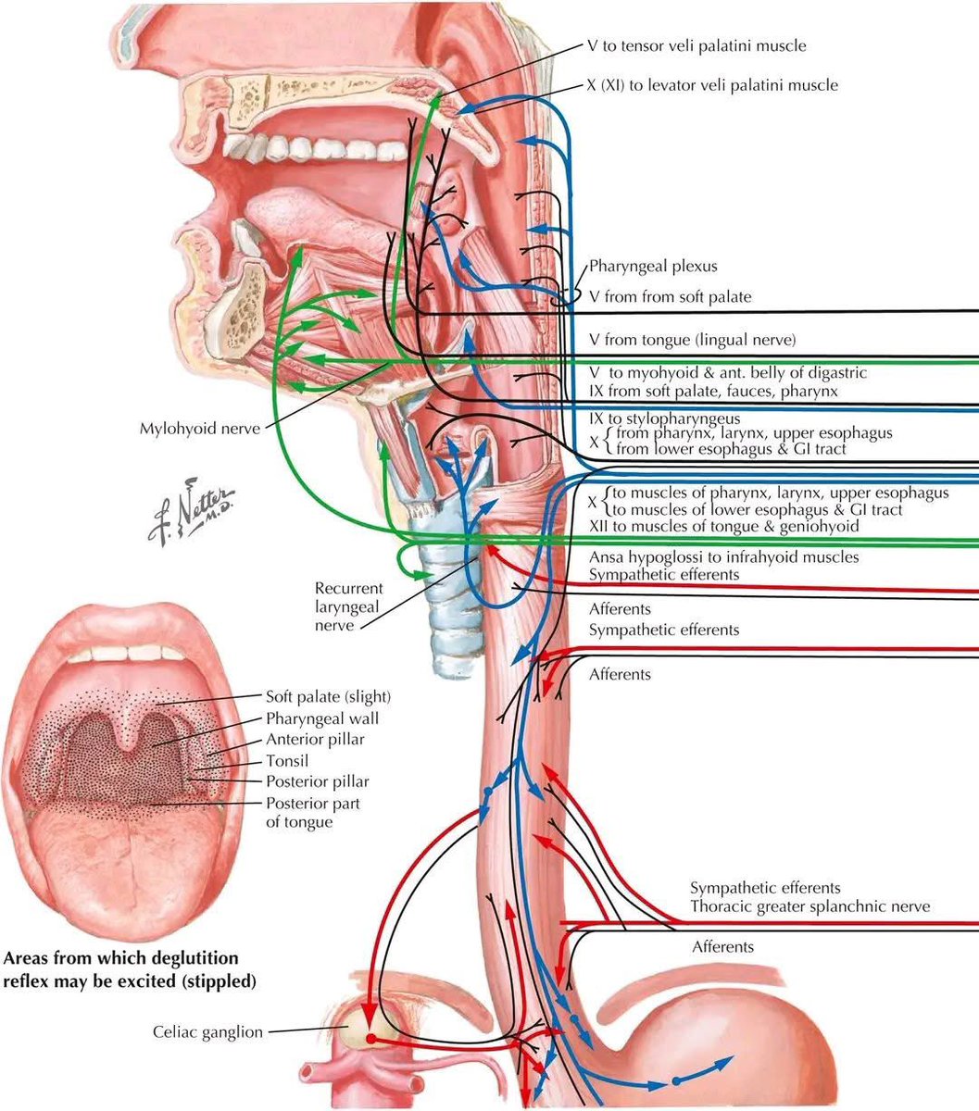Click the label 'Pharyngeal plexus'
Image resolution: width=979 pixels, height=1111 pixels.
(x=652, y=267)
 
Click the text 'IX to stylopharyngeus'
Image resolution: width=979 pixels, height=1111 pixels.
(x=663, y=418)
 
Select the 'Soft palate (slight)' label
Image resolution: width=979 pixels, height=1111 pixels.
(x=328, y=696)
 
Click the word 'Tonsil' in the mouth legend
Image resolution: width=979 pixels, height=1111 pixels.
(x=287, y=761)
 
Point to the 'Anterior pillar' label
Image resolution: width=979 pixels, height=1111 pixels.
(x=315, y=739)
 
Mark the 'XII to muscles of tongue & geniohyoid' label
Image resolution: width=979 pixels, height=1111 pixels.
(x=724, y=525)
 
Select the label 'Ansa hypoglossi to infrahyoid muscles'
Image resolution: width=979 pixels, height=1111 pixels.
(x=724, y=557)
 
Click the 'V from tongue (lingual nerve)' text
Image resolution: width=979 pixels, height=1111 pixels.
(x=692, y=340)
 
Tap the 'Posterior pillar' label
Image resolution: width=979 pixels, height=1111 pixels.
(x=317, y=782)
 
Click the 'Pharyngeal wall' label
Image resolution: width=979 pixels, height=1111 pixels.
(x=321, y=718)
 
